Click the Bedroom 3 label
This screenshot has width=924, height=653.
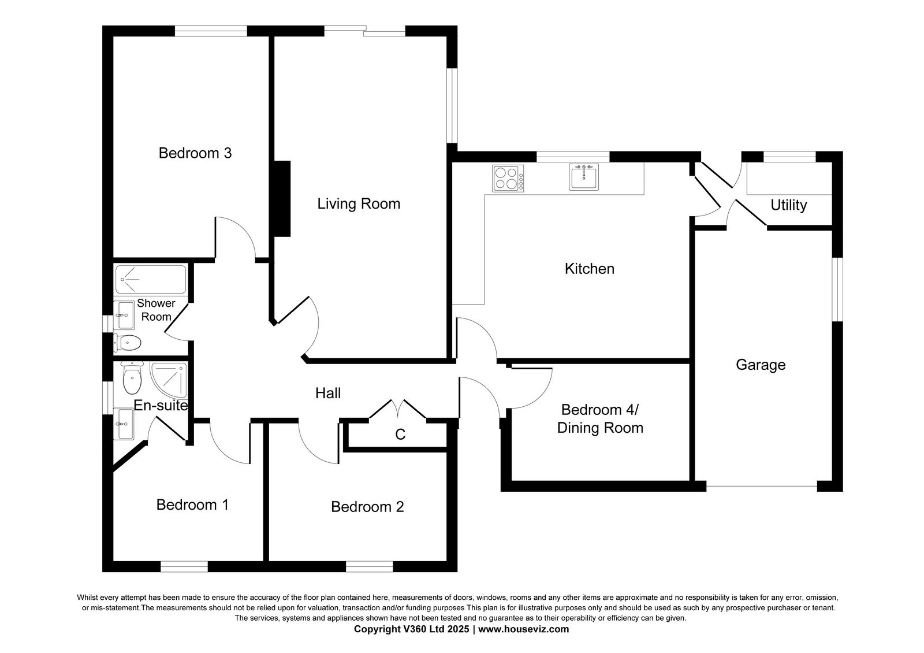(x=195, y=153)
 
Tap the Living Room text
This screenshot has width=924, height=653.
(x=359, y=204)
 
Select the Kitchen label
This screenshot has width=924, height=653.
(x=590, y=269)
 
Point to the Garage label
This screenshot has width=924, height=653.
(x=761, y=365)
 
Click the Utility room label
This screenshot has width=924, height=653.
(x=789, y=205)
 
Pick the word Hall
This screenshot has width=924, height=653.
(x=328, y=393)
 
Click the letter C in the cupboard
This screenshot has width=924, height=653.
(x=400, y=434)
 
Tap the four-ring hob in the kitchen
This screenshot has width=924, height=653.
(x=508, y=179)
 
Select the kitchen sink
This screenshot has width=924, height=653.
(x=584, y=177)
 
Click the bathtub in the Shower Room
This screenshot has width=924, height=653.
(x=151, y=280)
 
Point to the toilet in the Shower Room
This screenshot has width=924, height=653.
(x=128, y=343)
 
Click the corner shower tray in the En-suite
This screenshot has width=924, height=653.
(x=169, y=380)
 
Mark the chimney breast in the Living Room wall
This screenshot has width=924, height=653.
(x=282, y=199)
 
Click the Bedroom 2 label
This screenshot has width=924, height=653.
(x=367, y=507)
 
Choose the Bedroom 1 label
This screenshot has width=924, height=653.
(x=192, y=505)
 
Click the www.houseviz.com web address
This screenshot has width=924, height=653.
(x=523, y=629)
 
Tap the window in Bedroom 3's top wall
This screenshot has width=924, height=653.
(x=211, y=31)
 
